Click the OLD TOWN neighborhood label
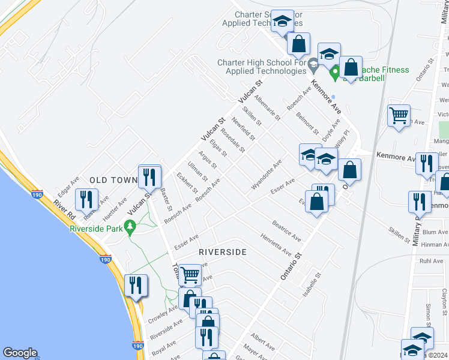(114, 180)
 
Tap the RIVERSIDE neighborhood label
(222, 252)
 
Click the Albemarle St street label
(267, 108)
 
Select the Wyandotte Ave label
(266, 175)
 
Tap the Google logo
(20, 353)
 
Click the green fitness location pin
(335, 73)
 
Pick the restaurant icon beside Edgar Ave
(84, 201)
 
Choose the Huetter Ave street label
(114, 206)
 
